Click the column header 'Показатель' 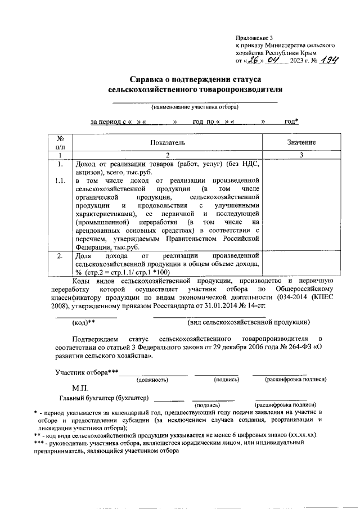pos(167,143)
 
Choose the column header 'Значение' pos(301,143)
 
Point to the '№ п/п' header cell pos(59,143)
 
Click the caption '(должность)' pos(152,380)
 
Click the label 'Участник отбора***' pos(87,372)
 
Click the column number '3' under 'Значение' pos(301,155)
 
